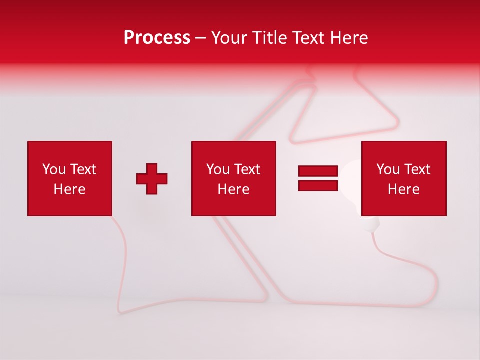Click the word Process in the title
(157, 38)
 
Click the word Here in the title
(350, 38)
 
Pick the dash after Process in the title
(201, 38)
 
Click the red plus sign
(152, 179)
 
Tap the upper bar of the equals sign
(318, 171)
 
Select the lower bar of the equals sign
(318, 185)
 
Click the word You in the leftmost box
(54, 169)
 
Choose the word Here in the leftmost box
(69, 189)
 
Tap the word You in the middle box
(218, 169)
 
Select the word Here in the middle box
(233, 189)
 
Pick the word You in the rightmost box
(388, 169)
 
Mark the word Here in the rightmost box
(403, 189)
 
